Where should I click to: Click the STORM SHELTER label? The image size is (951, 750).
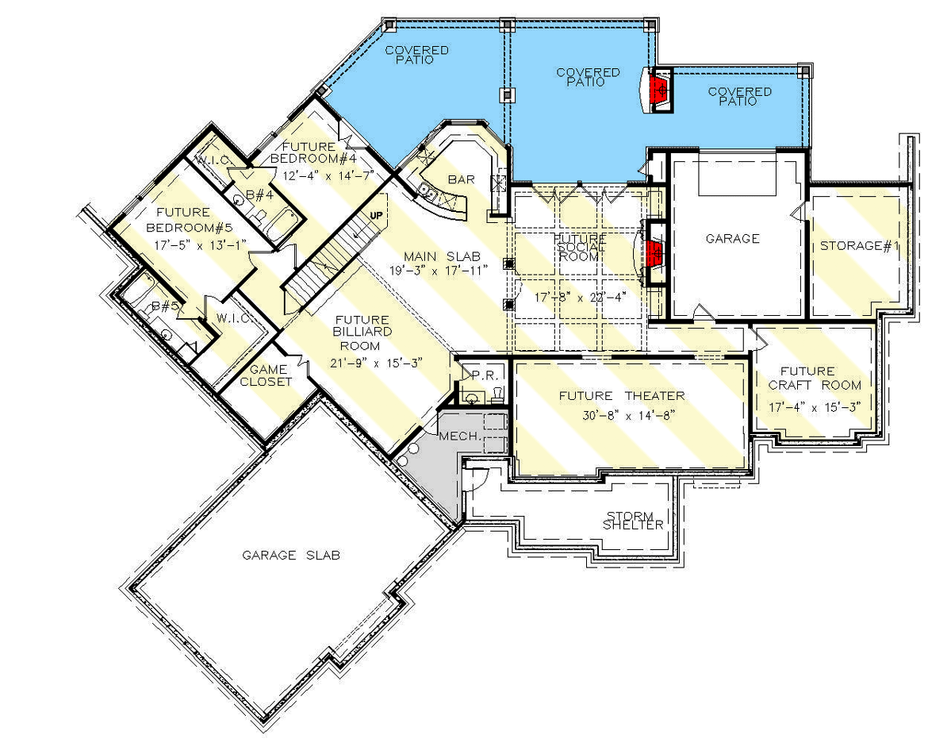point(632,520)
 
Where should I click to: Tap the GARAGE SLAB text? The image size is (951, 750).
point(291,556)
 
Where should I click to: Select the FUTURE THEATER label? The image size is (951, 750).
point(621,396)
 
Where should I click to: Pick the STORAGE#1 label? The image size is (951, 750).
point(859,246)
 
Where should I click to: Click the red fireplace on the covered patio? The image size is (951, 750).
point(658,90)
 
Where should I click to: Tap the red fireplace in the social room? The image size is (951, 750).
point(654,254)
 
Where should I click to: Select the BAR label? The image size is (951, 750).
point(461,180)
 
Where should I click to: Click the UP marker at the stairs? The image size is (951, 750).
point(377,215)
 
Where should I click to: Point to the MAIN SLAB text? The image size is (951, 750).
point(442,256)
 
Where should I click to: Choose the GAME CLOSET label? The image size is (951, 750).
point(270,375)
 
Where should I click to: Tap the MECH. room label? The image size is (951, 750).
point(458,437)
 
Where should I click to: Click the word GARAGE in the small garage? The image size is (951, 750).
point(732,238)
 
